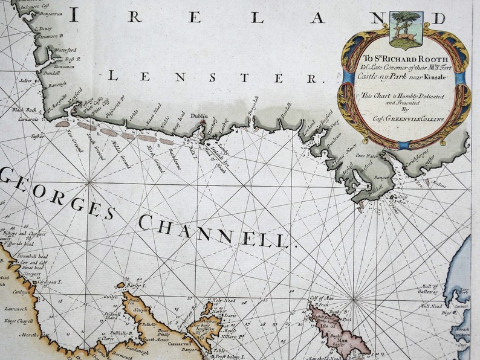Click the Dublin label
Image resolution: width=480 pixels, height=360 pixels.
[x=198, y=116]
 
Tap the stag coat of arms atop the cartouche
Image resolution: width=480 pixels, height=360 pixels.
[x=406, y=29]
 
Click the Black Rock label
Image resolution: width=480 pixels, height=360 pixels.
[x=24, y=110]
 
